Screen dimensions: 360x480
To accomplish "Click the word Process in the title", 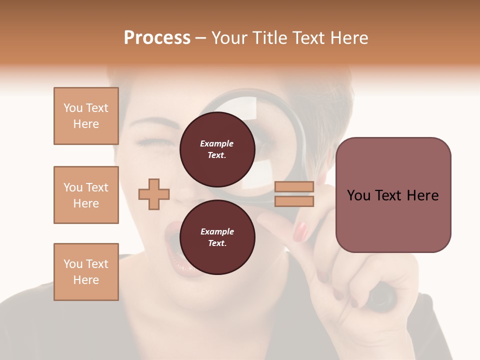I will pyautogui.click(x=157, y=38).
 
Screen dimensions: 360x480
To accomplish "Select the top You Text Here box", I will pyautogui.click(x=86, y=116).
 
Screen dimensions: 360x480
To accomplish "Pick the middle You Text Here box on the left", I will pyautogui.click(x=86, y=195).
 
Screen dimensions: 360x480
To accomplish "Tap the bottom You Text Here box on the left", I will pyautogui.click(x=86, y=272).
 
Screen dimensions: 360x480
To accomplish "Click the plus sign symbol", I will pyautogui.click(x=154, y=194).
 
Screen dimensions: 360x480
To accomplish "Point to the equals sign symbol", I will pyautogui.click(x=294, y=194).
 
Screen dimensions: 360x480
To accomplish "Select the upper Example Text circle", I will pyautogui.click(x=217, y=149).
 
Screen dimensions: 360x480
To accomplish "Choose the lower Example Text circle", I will pyautogui.click(x=217, y=237).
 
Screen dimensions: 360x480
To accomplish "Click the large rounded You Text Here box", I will pyautogui.click(x=393, y=195).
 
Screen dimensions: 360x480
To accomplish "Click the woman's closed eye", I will pyautogui.click(x=150, y=143).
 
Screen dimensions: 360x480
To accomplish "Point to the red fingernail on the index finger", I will pyautogui.click(x=300, y=231).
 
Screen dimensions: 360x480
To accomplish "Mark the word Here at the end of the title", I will pyautogui.click(x=349, y=38).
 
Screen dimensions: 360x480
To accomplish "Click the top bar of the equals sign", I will pyautogui.click(x=294, y=187).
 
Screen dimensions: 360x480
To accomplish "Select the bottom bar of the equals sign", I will pyautogui.click(x=294, y=201).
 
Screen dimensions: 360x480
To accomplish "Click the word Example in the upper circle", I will pyautogui.click(x=217, y=143).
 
